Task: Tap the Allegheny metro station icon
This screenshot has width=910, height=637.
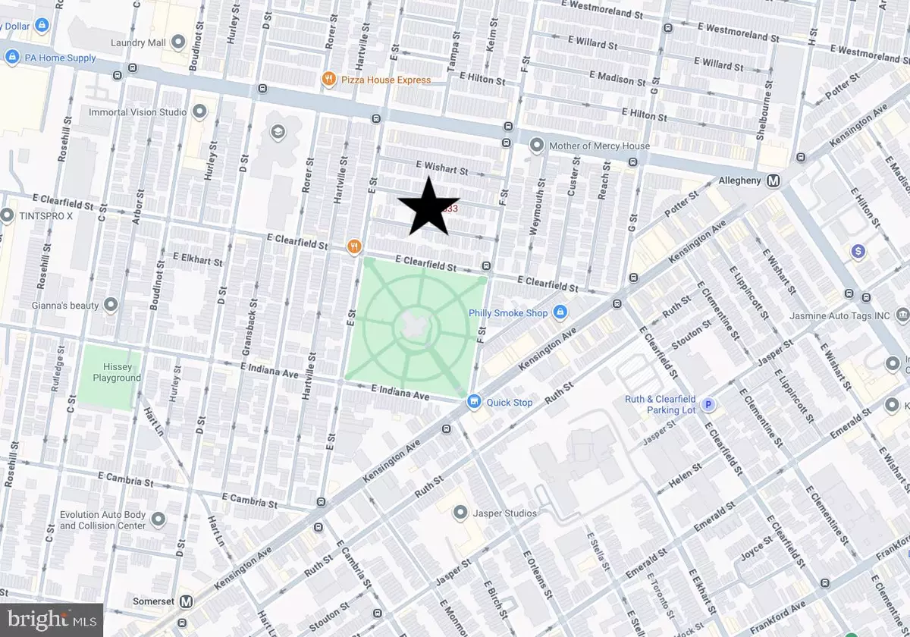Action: (x=774, y=181)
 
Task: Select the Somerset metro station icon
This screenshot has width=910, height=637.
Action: (x=186, y=601)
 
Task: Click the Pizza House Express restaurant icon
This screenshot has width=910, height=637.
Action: (x=328, y=79)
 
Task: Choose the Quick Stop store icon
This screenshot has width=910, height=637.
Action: (x=475, y=402)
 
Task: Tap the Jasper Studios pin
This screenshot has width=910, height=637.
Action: (x=460, y=513)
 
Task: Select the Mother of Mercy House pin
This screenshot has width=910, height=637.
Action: (x=537, y=145)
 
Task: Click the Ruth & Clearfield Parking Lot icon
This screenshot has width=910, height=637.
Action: (x=708, y=405)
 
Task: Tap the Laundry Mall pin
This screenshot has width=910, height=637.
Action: (x=179, y=42)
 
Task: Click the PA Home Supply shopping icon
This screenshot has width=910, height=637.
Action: (x=11, y=58)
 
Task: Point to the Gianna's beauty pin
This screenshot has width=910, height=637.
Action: (x=111, y=305)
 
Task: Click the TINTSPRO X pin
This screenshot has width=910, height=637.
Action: (x=8, y=215)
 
